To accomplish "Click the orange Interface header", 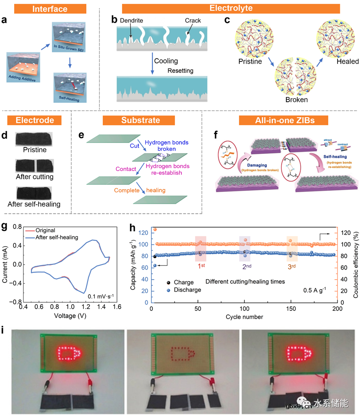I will pos(50,8).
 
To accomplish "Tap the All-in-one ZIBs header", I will pos(283,121).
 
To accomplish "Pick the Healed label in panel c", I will pos(347,62).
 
